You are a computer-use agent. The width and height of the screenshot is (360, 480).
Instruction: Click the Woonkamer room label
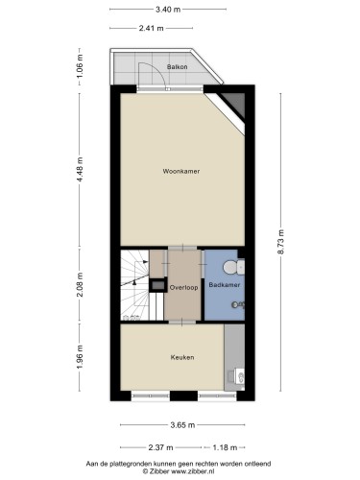pyautogui.click(x=181, y=171)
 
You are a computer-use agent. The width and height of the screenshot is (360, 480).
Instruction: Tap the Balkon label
pyautogui.click(x=177, y=67)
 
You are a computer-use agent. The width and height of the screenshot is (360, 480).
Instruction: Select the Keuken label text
pyautogui.click(x=182, y=357)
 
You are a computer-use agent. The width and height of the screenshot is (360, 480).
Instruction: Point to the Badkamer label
pyautogui.click(x=224, y=284)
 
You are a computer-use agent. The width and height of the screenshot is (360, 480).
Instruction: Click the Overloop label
pyautogui.click(x=183, y=287)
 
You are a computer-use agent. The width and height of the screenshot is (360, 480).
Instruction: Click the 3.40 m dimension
pyautogui.click(x=168, y=10)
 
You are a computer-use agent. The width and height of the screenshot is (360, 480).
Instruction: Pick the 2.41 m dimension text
pyautogui.click(x=151, y=28)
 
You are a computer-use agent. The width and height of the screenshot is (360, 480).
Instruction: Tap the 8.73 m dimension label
pyautogui.click(x=280, y=242)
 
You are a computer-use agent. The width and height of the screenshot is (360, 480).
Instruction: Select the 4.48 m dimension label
pyautogui.click(x=80, y=169)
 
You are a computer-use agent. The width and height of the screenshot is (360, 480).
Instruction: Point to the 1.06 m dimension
pyautogui.click(x=80, y=66)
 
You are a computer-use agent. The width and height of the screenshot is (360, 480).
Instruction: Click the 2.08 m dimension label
pyautogui.click(x=80, y=284)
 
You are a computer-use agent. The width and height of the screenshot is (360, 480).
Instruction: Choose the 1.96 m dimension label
pyautogui.click(x=80, y=357)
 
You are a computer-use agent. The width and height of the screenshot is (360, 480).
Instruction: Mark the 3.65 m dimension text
pyautogui.click(x=182, y=425)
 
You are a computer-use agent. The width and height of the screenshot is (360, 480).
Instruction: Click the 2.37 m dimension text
pyautogui.click(x=160, y=447)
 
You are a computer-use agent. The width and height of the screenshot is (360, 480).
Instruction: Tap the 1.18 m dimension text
pyautogui.click(x=225, y=447)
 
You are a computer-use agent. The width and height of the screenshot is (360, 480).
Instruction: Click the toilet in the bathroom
pyautogui.click(x=233, y=267)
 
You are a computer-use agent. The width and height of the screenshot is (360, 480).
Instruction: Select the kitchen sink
pyautogui.click(x=236, y=376)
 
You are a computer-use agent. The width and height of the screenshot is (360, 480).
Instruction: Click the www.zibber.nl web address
pyautogui.click(x=193, y=471)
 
